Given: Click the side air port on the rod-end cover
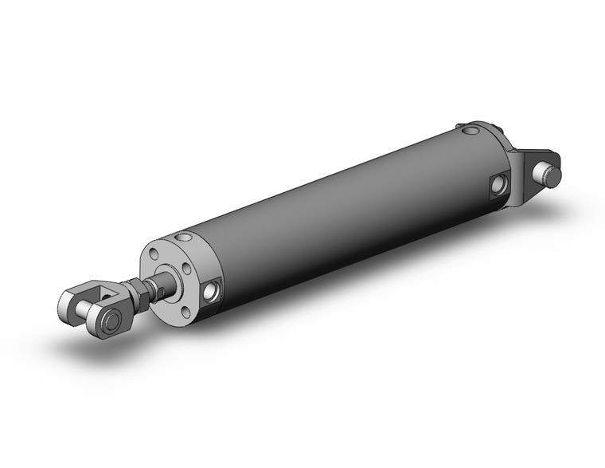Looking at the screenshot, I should [213, 290].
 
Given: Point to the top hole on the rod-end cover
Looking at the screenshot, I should [185, 237].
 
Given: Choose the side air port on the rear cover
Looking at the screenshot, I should [499, 185].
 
